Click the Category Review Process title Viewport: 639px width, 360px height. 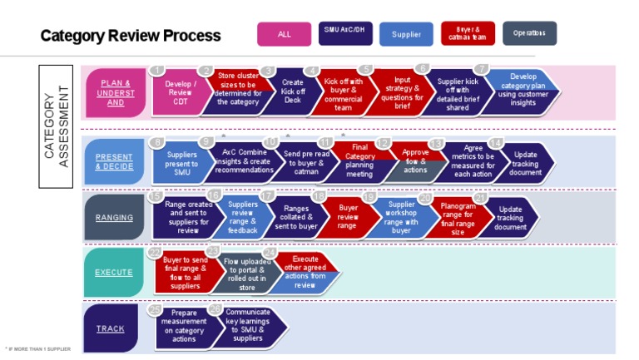131,36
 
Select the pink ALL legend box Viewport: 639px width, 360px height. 285,34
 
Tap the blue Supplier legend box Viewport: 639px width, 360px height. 406,34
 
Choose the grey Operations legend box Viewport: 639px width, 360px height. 529,33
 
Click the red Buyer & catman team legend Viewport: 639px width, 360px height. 468,33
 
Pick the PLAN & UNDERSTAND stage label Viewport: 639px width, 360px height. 116,92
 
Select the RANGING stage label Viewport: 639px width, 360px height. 115,218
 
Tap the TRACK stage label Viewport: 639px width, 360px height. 110,328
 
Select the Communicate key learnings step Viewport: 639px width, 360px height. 246,325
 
